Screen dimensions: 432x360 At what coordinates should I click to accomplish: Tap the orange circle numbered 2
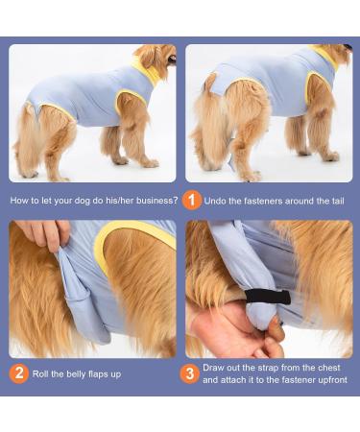point(19,372)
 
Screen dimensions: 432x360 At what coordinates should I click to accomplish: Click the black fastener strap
point(270,297)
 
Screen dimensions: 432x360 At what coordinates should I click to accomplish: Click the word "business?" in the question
point(153,201)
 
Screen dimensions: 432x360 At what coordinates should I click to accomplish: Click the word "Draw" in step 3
point(216,367)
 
